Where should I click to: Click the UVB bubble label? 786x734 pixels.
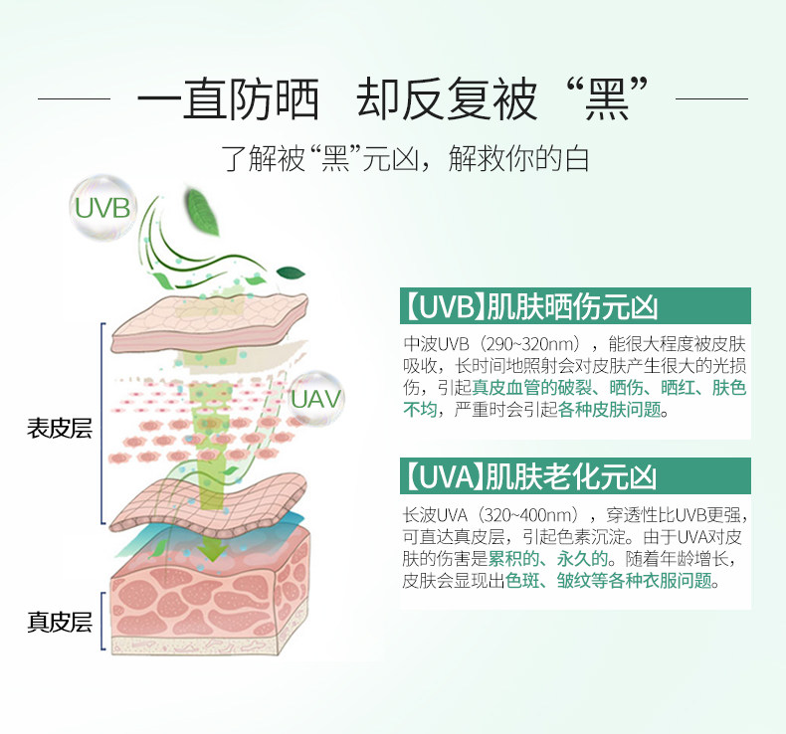[x=102, y=208]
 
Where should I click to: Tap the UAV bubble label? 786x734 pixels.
[x=317, y=399]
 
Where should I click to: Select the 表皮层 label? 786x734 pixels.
[x=59, y=429]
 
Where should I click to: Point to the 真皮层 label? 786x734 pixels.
[x=59, y=623]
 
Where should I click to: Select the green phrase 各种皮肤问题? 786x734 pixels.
[x=608, y=411]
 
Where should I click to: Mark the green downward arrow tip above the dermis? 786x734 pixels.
[x=211, y=552]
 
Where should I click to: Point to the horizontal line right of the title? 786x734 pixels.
[x=711, y=99]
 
